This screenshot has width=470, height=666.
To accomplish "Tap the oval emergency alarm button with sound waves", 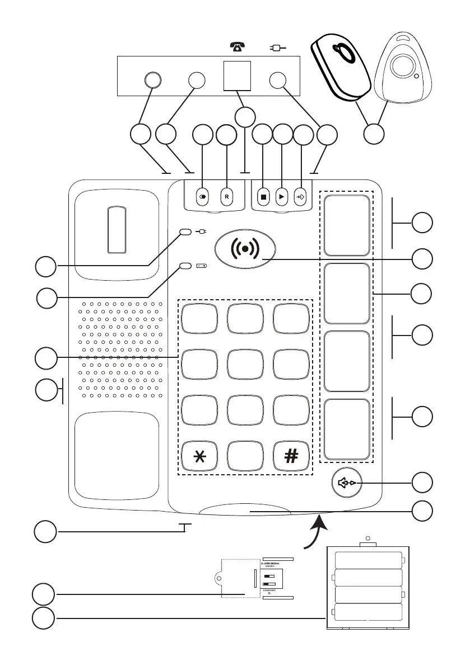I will pyautogui.click(x=244, y=247).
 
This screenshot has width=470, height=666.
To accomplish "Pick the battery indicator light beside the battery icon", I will pyautogui.click(x=185, y=267).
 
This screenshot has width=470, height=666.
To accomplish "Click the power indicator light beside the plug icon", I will pyautogui.click(x=185, y=232).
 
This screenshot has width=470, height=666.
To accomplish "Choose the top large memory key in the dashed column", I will pyautogui.click(x=346, y=225).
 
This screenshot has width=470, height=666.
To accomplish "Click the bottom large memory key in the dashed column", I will pyautogui.click(x=346, y=428).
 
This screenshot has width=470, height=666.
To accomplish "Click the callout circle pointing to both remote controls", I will pyautogui.click(x=374, y=135).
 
